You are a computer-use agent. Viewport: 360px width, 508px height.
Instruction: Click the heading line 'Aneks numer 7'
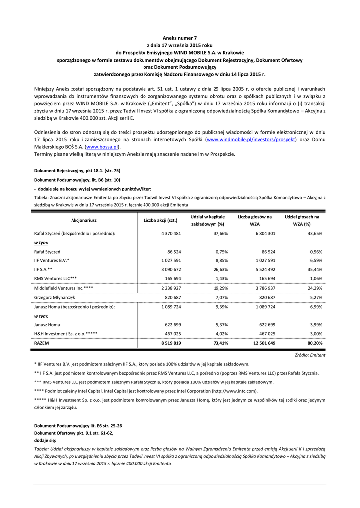pyautogui.click(x=180, y=38)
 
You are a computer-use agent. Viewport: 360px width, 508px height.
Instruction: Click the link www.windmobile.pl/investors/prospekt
pyautogui.click(x=251, y=140)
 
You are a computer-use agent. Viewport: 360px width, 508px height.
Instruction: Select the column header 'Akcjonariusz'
pyautogui.click(x=84, y=220)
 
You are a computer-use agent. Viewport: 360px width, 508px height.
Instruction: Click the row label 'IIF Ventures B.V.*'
pyautogui.click(x=51, y=260)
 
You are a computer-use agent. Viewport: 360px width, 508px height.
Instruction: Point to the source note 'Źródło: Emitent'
pyautogui.click(x=310, y=355)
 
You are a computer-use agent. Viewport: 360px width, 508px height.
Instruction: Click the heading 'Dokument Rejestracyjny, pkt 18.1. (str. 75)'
pyautogui.click(x=76, y=170)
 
